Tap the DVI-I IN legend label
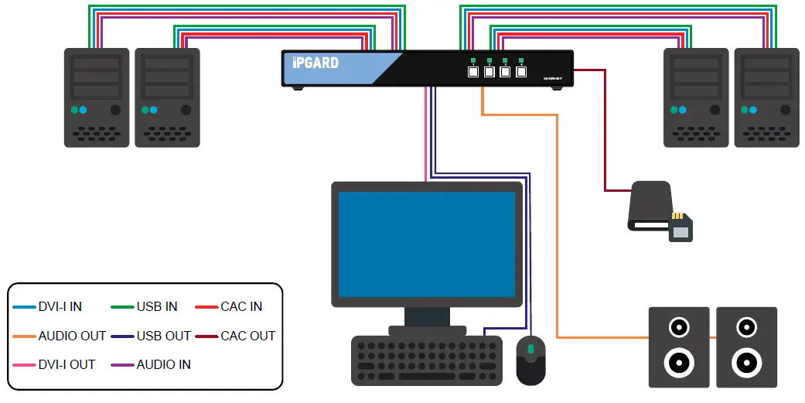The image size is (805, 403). (60, 306)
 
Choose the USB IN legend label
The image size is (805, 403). (157, 306)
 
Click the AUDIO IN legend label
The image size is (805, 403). (163, 364)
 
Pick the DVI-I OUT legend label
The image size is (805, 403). (65, 364)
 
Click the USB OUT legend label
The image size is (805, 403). (163, 336)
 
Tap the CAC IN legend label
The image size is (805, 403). (241, 306)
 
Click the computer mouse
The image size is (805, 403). (530, 360)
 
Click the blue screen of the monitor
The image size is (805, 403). (427, 244)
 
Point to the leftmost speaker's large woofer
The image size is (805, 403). (678, 361)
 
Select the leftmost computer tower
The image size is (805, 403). (96, 97)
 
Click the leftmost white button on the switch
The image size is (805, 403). (473, 72)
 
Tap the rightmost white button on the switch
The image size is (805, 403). (521, 72)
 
